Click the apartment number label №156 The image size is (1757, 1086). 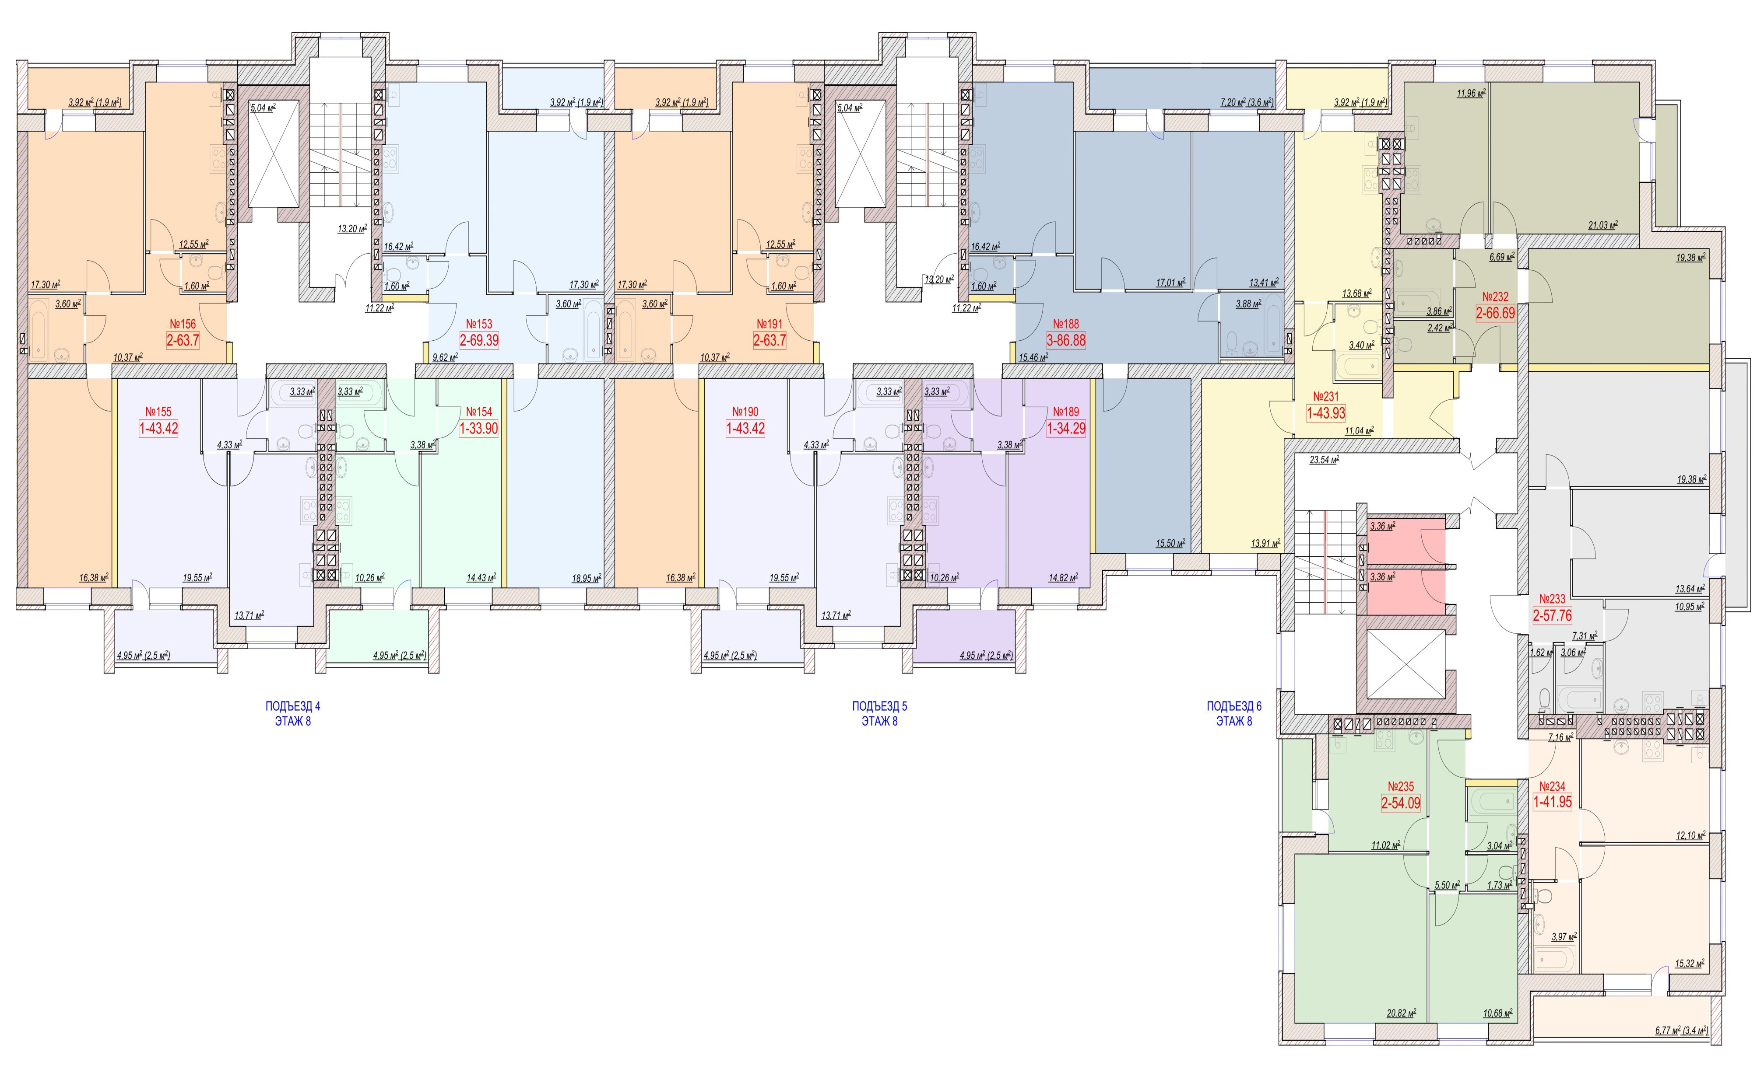click(183, 324)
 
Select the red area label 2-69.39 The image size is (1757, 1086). click(479, 340)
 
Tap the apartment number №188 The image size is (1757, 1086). click(1066, 324)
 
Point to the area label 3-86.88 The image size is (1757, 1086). click(1066, 340)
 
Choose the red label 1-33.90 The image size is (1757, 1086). click(479, 429)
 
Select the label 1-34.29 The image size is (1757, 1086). click(1066, 429)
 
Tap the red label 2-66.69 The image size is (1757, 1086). click(1495, 313)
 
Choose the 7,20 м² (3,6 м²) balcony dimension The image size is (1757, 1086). click(1247, 103)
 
